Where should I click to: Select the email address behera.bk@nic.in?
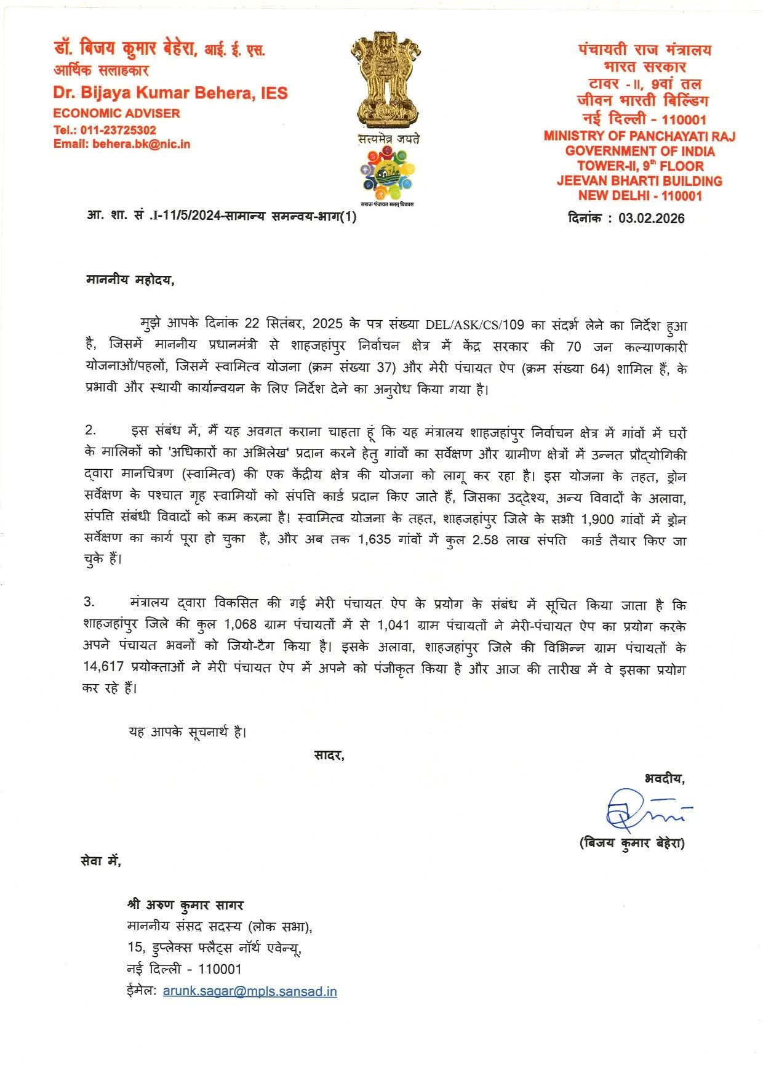[141, 144]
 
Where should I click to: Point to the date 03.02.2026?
[651, 218]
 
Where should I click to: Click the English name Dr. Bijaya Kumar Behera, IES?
[170, 93]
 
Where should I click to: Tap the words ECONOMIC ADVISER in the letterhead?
[116, 113]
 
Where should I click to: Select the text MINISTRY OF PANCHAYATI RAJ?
[639, 136]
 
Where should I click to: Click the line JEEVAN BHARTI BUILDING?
[639, 181]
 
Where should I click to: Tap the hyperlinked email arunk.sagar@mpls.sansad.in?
[250, 991]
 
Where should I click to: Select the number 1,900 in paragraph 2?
[597, 519]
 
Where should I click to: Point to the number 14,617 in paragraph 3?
[103, 666]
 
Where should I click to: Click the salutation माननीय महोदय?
[130, 280]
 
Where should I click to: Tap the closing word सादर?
[329, 755]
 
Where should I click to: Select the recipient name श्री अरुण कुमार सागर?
[185, 905]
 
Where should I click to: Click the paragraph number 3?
[89, 602]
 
